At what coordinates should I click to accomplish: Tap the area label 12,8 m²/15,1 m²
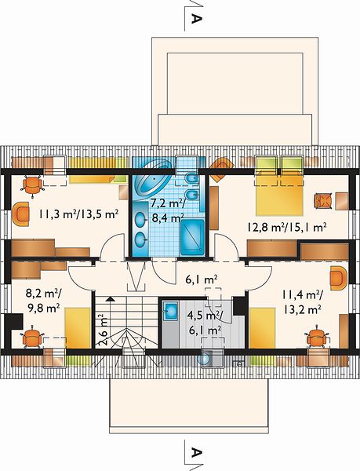click(287, 228)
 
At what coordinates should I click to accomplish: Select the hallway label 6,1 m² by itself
click(202, 280)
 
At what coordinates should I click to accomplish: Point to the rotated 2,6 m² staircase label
click(102, 330)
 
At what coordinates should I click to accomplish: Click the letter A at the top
click(196, 19)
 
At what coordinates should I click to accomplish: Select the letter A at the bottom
click(196, 452)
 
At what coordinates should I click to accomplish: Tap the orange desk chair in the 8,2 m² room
click(31, 339)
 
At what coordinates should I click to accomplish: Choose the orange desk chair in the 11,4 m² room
click(317, 338)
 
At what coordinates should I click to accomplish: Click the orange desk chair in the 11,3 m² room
click(33, 186)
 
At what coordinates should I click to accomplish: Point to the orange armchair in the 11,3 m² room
click(21, 214)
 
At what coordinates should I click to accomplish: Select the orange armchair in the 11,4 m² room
click(338, 279)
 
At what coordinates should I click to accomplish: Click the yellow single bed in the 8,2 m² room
click(78, 328)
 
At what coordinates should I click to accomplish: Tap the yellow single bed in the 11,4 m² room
click(263, 328)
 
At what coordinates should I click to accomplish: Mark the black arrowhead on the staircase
click(111, 299)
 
